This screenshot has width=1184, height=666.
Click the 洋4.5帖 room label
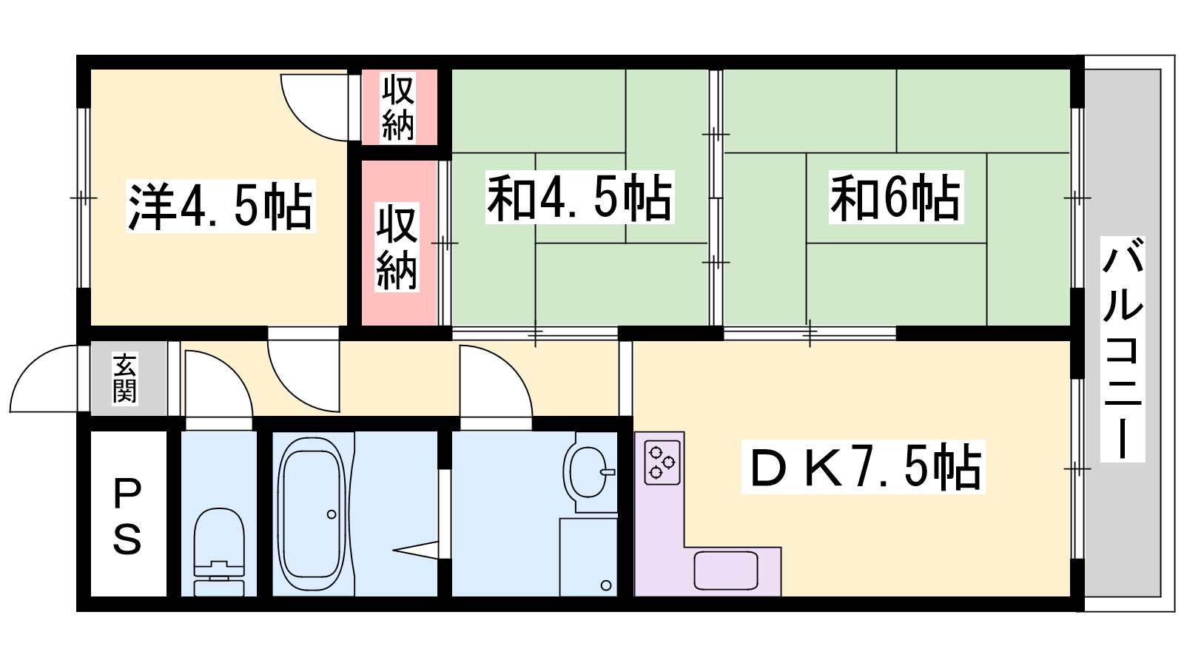pos(221,206)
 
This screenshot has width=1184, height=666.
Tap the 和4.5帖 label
pos(580,198)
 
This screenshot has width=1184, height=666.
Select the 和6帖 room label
pos(896,198)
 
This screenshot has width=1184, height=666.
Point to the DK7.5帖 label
pos(863,467)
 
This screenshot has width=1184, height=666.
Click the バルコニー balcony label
pos(1123,349)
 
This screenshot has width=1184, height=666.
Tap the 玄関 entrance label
pos(125,378)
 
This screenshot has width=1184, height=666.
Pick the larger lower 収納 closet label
pos(397,247)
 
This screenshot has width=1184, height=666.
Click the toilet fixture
pos(219,552)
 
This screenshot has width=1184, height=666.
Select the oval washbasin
pos(589,472)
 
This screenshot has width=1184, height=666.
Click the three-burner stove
pos(662,462)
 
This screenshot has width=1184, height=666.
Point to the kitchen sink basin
pos(726,571)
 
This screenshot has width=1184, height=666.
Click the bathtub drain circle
pos(332,514)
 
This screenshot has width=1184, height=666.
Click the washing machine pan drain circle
pos(606,585)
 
